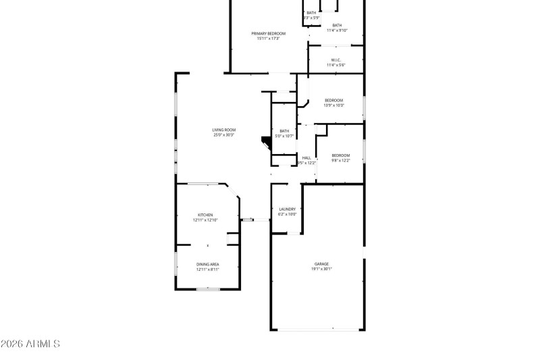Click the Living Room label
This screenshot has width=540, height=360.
click(223, 130)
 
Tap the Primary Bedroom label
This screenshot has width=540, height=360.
click(269, 33)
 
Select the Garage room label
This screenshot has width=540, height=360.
click(321, 263)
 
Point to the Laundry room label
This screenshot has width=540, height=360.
click(288, 209)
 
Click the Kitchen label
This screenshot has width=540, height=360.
click(205, 215)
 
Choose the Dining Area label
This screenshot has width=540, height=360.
click(207, 264)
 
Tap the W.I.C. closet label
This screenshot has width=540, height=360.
click(336, 60)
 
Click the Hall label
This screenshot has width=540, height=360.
click(306, 157)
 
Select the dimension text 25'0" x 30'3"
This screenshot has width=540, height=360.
click(223, 135)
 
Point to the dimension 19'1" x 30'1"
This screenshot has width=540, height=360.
click(321, 269)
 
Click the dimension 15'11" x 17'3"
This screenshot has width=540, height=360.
click(269, 38)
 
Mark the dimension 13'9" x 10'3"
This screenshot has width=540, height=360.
click(334, 105)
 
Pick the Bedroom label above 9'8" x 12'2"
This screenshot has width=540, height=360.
click(341, 155)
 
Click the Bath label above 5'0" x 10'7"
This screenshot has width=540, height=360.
click(284, 131)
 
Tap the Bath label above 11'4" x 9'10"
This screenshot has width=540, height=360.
click(337, 25)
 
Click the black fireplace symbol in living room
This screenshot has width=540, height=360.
click(265, 142)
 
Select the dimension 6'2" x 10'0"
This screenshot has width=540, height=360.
click(288, 215)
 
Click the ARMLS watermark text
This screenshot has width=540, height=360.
click(30, 344)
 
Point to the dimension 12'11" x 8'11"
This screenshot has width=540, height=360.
click(207, 269)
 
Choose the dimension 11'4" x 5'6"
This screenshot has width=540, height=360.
click(336, 66)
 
